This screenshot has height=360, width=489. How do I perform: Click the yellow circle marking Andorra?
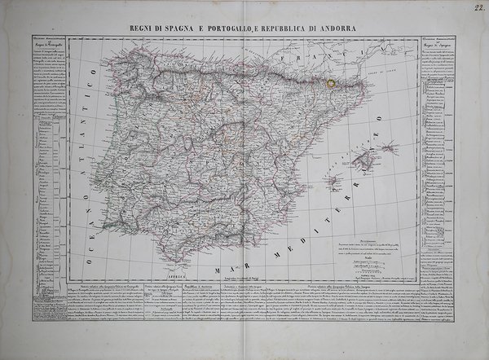click(330, 82)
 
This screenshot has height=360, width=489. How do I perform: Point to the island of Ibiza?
click(332, 182)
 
